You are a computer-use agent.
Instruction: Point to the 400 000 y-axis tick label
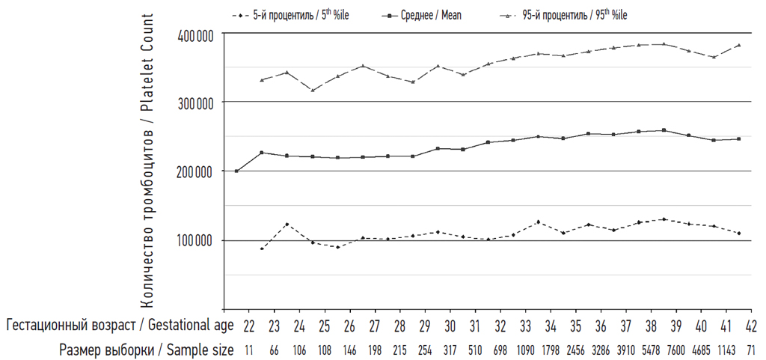point(197,35)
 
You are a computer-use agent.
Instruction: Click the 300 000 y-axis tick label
point(197,102)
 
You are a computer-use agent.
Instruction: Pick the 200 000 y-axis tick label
point(197,171)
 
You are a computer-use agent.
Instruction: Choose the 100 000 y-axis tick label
point(197,240)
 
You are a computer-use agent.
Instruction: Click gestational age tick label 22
point(249,326)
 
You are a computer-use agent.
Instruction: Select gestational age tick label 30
point(450,326)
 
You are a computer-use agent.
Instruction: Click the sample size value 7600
point(676,350)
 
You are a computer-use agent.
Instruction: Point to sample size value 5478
point(651,350)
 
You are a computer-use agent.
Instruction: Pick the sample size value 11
point(249,350)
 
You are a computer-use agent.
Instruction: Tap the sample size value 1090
point(525,350)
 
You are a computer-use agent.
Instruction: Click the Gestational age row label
point(118,326)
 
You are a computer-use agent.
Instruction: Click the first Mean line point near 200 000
point(236,171)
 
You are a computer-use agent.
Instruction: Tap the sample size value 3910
point(625,350)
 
